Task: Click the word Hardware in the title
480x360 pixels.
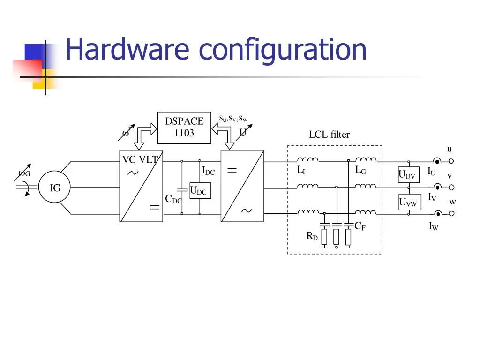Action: click(127, 50)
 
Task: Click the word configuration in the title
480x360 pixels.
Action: click(283, 51)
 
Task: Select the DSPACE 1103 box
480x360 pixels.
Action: click(184, 127)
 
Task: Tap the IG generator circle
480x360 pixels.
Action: click(55, 188)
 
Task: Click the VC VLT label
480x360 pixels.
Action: click(140, 159)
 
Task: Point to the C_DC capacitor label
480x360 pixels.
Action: click(173, 199)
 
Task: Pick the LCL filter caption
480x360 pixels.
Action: click(329, 135)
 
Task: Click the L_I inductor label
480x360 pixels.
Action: click(301, 170)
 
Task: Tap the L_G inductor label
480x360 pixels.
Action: click(360, 170)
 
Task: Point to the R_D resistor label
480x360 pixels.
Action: click(312, 236)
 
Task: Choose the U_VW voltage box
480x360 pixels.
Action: click(408, 202)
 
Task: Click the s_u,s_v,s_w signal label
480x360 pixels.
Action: click(233, 118)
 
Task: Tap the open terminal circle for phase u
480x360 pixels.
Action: click(451, 161)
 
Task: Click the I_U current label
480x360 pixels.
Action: click(431, 172)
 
